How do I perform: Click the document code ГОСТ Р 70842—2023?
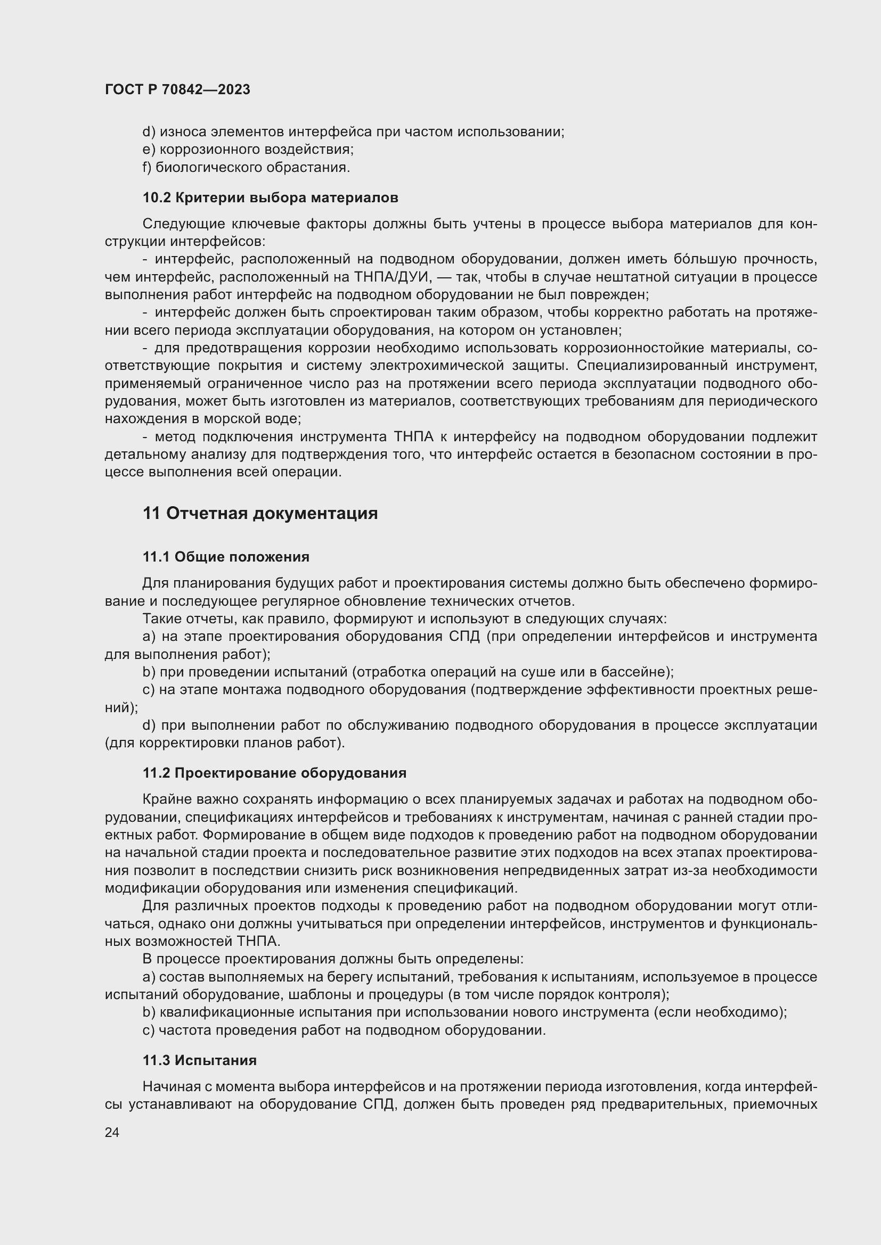tap(177, 89)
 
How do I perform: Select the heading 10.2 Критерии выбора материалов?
tap(270, 197)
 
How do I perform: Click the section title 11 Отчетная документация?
tap(260, 513)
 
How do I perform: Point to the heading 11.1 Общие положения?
tap(226, 557)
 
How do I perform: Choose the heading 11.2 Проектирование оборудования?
tap(274, 773)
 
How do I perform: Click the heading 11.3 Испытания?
tap(200, 1060)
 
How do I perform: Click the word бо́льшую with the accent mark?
tap(705, 259)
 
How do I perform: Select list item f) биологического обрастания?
tap(246, 168)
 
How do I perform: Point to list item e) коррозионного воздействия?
tap(248, 150)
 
